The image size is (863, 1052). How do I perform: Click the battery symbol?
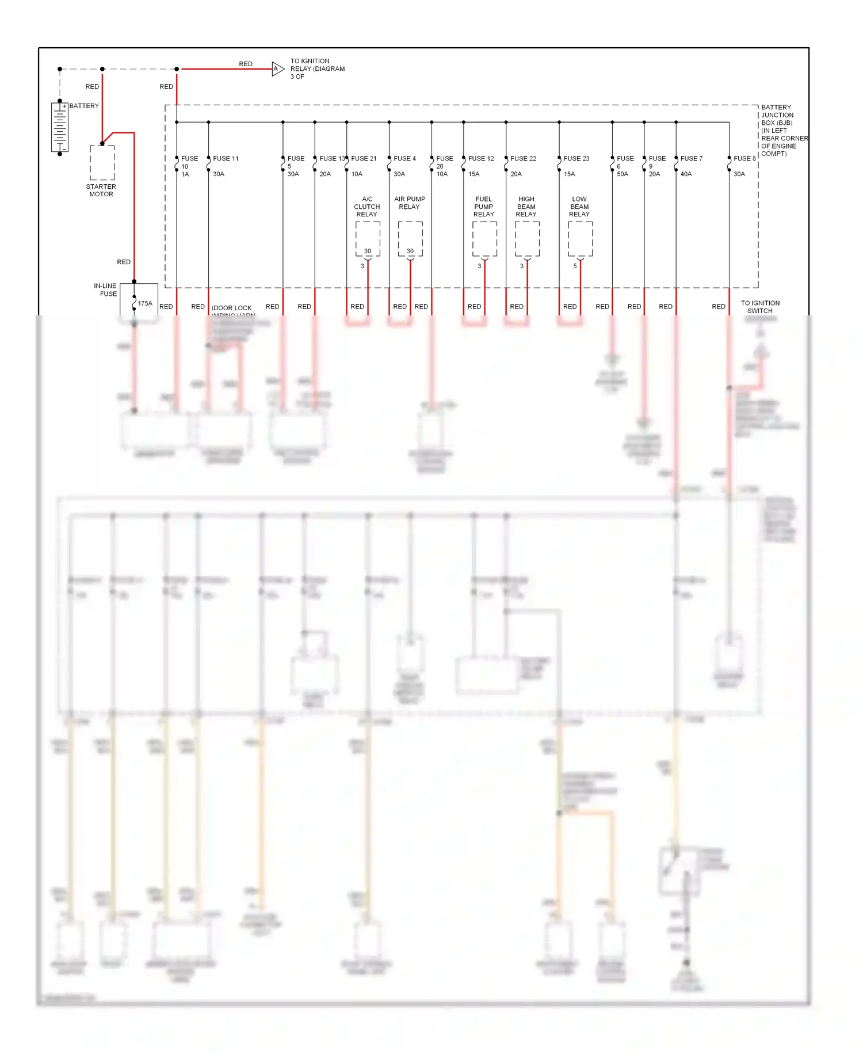click(60, 127)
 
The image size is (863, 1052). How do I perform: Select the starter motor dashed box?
click(102, 162)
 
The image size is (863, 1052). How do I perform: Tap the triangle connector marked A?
click(277, 69)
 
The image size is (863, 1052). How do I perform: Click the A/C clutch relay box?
click(368, 238)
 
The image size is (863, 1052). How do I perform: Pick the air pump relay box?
click(410, 238)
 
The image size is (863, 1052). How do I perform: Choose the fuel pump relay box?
click(484, 238)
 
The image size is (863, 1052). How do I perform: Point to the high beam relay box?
click(527, 238)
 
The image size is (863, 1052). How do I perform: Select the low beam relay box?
click(580, 238)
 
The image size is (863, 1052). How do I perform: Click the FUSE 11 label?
click(226, 158)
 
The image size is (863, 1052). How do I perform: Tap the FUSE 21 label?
click(364, 158)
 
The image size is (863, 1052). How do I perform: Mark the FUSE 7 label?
click(691, 158)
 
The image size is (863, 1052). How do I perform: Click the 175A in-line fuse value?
click(145, 303)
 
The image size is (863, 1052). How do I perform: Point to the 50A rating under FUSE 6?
click(623, 174)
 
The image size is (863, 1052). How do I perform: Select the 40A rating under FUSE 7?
click(686, 174)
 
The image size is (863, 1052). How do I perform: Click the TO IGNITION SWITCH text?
click(760, 307)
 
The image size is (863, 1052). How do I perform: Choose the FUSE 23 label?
click(576, 158)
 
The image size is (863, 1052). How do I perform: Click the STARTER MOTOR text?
click(101, 190)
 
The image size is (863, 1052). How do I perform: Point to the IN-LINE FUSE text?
click(106, 289)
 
